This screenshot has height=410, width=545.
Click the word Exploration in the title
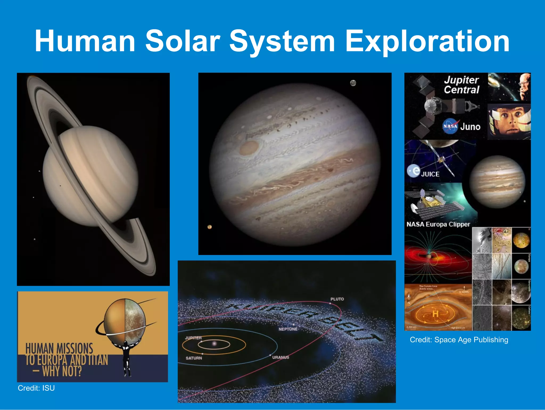(x=427, y=41)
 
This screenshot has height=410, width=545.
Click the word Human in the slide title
(x=85, y=41)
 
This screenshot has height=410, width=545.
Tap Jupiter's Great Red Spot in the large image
(x=249, y=148)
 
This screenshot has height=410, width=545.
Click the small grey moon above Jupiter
(x=353, y=83)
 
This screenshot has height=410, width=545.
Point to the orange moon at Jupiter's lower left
(x=210, y=227)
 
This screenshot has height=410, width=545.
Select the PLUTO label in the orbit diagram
(x=337, y=299)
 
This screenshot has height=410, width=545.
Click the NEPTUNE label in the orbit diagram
(x=288, y=329)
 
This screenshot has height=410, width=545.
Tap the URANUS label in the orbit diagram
(x=280, y=357)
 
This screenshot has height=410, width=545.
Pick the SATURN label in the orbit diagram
(x=194, y=358)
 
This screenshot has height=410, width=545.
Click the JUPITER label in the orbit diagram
(x=193, y=338)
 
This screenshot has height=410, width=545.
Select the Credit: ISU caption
(x=36, y=388)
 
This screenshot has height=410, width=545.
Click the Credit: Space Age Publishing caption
(x=459, y=340)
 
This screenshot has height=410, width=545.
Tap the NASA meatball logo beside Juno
(x=450, y=126)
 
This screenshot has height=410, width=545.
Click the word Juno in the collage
(x=470, y=127)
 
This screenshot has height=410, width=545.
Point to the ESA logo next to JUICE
(x=414, y=171)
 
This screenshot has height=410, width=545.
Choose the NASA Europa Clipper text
(x=438, y=224)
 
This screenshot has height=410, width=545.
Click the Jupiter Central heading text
(x=461, y=85)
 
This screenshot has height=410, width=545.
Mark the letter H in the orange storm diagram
(x=435, y=314)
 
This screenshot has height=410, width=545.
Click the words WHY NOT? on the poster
(x=62, y=371)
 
